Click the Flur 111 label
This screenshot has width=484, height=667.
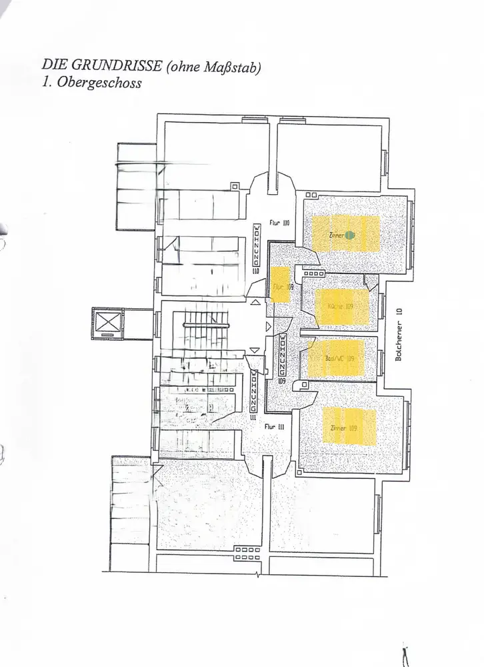click(275, 426)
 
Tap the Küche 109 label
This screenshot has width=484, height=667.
click(340, 306)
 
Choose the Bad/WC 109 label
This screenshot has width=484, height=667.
click(339, 358)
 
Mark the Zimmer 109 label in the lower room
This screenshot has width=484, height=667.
click(343, 428)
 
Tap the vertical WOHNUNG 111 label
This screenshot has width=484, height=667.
click(253, 394)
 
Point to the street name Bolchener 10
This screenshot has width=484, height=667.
click(399, 333)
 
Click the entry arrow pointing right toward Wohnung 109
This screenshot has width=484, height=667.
click(268, 326)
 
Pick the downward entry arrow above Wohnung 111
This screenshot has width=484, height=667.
click(253, 350)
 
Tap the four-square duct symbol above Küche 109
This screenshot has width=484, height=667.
click(311, 273)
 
